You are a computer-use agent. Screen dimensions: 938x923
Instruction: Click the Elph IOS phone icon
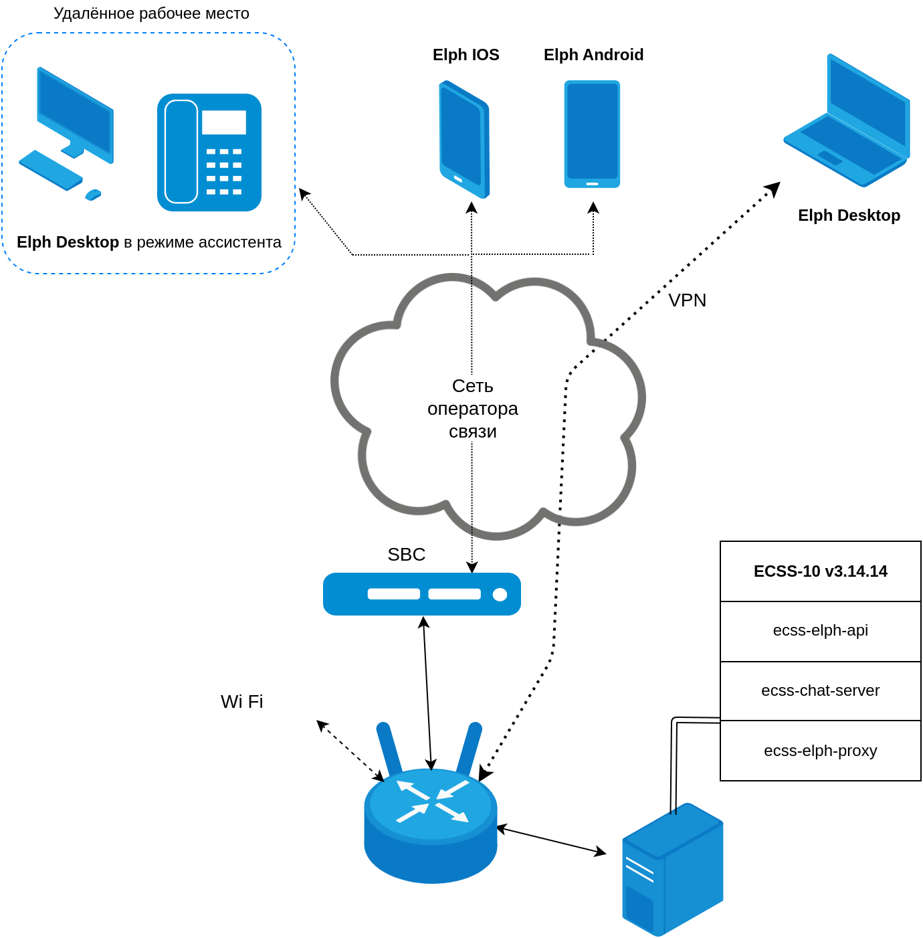click(464, 139)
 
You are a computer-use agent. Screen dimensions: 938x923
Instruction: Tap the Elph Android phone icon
click(592, 134)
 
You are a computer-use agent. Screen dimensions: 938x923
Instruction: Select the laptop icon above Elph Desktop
click(847, 121)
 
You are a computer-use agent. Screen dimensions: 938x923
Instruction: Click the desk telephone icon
click(209, 153)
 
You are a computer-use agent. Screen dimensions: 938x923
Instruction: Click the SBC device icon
click(421, 594)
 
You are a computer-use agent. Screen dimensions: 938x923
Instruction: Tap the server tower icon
click(672, 869)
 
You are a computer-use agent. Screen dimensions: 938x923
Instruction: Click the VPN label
click(687, 300)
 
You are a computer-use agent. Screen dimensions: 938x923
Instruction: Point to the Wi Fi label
click(241, 701)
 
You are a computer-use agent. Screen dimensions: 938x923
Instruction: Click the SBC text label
click(406, 555)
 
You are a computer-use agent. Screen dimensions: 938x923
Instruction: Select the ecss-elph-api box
click(820, 631)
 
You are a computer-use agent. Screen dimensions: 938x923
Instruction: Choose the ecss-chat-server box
click(820, 690)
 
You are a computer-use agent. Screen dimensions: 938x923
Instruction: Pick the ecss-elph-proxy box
click(820, 751)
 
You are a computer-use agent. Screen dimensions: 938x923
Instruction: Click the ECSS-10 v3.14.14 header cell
click(820, 571)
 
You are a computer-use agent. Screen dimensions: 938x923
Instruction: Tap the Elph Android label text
click(593, 55)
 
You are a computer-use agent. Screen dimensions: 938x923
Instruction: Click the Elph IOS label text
click(466, 55)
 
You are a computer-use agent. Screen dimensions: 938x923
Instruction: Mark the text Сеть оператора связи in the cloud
click(472, 408)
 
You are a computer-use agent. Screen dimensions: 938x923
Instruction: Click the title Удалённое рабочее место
click(151, 13)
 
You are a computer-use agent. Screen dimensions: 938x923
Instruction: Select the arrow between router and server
click(551, 841)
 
